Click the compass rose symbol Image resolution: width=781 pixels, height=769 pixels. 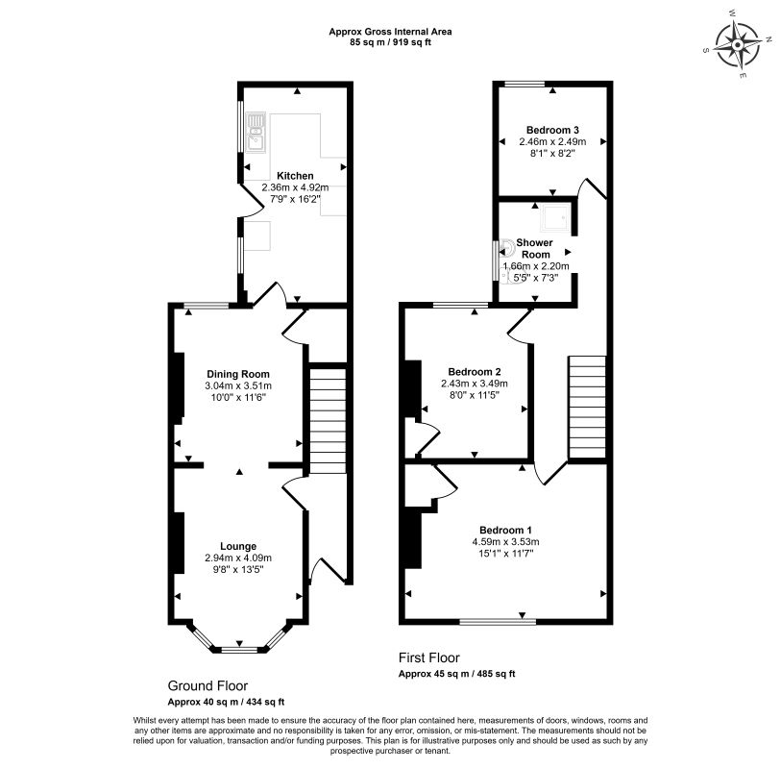pyautogui.click(x=737, y=45)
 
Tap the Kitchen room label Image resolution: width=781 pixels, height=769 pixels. pyautogui.click(x=295, y=176)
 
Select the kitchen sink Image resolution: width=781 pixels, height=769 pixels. pyautogui.click(x=256, y=132)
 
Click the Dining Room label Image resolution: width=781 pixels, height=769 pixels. pyautogui.click(x=238, y=374)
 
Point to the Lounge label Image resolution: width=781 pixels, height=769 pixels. pyautogui.click(x=238, y=546)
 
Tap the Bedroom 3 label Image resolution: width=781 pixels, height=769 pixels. pyautogui.click(x=552, y=131)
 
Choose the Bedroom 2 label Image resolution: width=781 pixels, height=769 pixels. pyautogui.click(x=475, y=372)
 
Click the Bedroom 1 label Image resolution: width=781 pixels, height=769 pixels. pyautogui.click(x=505, y=531)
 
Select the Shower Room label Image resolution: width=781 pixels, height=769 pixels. pyautogui.click(x=535, y=248)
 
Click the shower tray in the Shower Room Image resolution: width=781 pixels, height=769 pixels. pyautogui.click(x=555, y=217)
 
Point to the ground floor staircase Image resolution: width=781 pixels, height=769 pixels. pyautogui.click(x=328, y=421)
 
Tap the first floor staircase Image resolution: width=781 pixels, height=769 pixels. pyautogui.click(x=587, y=407)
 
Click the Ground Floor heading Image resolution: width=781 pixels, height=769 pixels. pyautogui.click(x=207, y=686)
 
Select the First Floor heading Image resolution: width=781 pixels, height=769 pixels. pyautogui.click(x=428, y=657)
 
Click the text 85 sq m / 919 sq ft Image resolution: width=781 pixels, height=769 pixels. pyautogui.click(x=390, y=42)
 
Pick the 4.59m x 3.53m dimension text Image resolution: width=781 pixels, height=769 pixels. pyautogui.click(x=505, y=542)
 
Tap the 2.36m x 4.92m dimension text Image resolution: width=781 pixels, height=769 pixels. pyautogui.click(x=295, y=187)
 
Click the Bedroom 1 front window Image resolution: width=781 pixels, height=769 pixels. pyautogui.click(x=498, y=622)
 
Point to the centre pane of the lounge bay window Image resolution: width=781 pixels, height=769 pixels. pyautogui.click(x=239, y=650)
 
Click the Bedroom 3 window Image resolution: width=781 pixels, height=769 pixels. pyautogui.click(x=525, y=84)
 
